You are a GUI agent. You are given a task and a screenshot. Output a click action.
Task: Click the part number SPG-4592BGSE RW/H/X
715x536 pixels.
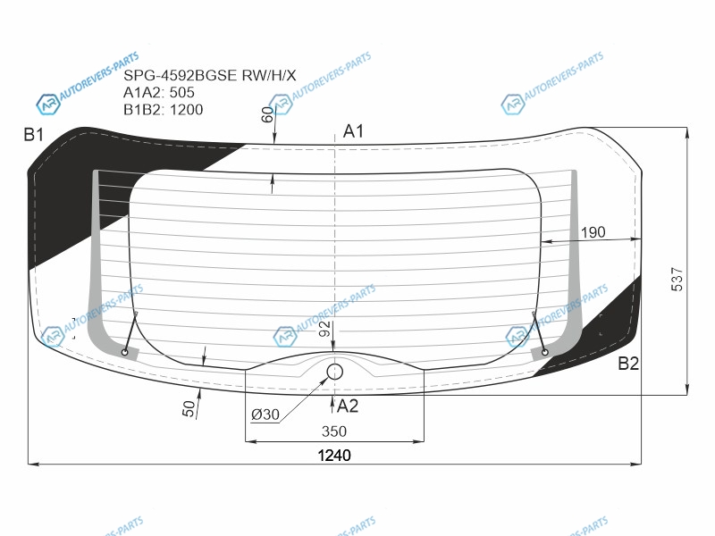click(210, 75)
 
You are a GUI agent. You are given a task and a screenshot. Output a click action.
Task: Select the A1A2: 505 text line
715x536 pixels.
click(159, 93)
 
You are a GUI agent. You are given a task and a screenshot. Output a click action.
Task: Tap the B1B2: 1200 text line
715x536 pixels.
click(164, 110)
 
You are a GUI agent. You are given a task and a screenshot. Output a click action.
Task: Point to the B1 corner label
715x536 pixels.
click(34, 135)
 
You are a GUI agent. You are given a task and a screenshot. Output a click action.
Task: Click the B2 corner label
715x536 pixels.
click(628, 364)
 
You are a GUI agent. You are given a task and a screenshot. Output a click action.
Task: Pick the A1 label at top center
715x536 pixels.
click(353, 131)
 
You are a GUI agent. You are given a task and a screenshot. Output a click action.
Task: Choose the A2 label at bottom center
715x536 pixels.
click(348, 406)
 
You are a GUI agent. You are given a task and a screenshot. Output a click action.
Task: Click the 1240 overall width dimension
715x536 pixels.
click(334, 456)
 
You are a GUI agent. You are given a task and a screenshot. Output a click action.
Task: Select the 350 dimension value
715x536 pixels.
click(334, 431)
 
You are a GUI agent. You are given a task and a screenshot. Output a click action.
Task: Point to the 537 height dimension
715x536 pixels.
click(677, 279)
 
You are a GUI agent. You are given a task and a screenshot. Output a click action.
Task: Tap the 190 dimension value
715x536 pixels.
click(593, 232)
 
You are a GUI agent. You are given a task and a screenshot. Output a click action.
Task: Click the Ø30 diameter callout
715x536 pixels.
click(265, 415)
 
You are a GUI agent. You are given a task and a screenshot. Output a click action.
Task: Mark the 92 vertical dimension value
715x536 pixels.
click(324, 329)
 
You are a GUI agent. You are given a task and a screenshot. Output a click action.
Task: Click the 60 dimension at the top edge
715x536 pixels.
click(268, 115)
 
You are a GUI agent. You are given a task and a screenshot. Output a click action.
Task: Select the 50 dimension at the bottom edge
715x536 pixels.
click(189, 409)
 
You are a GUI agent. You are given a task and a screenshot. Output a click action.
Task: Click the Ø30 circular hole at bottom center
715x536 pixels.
click(335, 372)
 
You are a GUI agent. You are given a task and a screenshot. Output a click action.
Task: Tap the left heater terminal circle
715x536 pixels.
click(124, 352)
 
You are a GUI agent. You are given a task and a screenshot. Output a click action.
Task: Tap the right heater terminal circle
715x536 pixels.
click(544, 352)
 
